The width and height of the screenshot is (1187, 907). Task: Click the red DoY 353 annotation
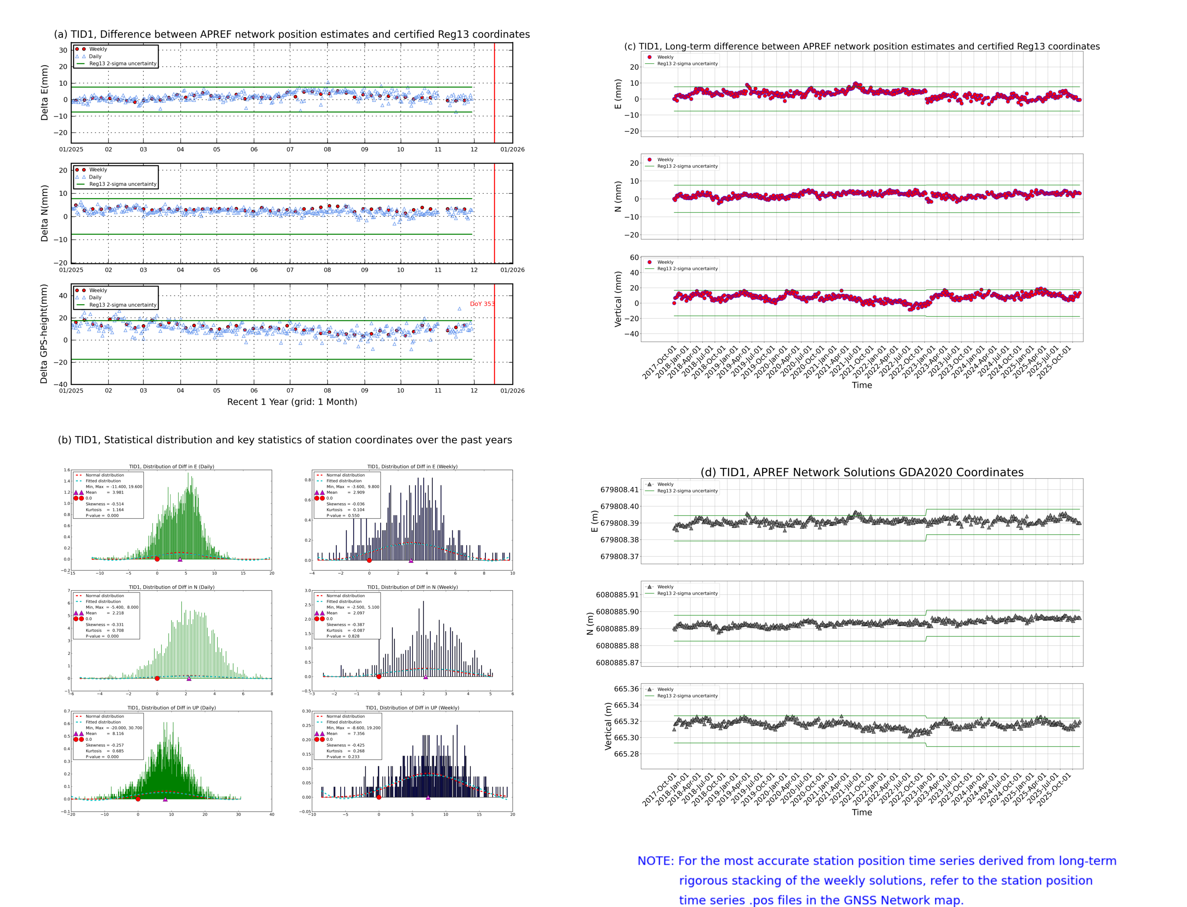(482, 304)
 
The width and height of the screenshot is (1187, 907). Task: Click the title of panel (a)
(292, 34)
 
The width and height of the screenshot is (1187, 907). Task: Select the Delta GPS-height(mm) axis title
(44, 333)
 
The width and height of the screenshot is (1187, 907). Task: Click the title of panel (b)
(284, 440)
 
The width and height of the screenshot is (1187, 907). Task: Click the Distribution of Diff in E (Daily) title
(171, 466)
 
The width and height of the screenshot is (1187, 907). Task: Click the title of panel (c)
(861, 46)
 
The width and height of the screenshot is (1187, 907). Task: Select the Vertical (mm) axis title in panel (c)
(618, 299)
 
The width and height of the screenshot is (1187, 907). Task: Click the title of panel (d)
(861, 472)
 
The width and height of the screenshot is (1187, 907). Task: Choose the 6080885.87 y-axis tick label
(617, 663)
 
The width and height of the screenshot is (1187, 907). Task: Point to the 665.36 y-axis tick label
(626, 689)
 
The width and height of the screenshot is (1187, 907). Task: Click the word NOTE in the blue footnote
(655, 861)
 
